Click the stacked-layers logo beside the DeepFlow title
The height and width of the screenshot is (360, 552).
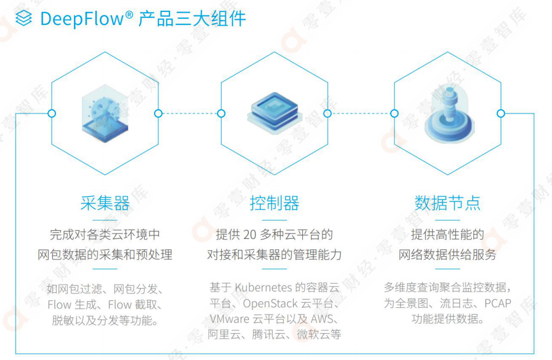pyautogui.click(x=23, y=19)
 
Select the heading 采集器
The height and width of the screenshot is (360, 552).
pyautogui.click(x=105, y=203)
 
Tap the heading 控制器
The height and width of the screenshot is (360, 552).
pyautogui.click(x=274, y=203)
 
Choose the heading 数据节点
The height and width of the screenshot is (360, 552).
pyautogui.click(x=447, y=203)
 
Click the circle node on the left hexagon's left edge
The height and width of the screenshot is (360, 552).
pyautogui.click(x=51, y=113)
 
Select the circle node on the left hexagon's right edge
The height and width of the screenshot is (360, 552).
pyautogui.click(x=159, y=113)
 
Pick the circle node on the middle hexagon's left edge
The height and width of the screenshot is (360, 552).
pyautogui.click(x=221, y=113)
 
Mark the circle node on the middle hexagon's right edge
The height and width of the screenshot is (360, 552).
pyautogui.click(x=328, y=113)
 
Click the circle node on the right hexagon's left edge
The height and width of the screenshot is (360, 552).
pyautogui.click(x=394, y=113)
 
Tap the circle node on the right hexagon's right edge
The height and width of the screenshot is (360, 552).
pyautogui.click(x=501, y=113)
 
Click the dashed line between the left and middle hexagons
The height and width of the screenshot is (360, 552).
pyautogui.click(x=190, y=113)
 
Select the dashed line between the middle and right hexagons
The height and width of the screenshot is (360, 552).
pyautogui.click(x=361, y=113)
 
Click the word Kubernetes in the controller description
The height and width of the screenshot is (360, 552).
pyautogui.click(x=263, y=287)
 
